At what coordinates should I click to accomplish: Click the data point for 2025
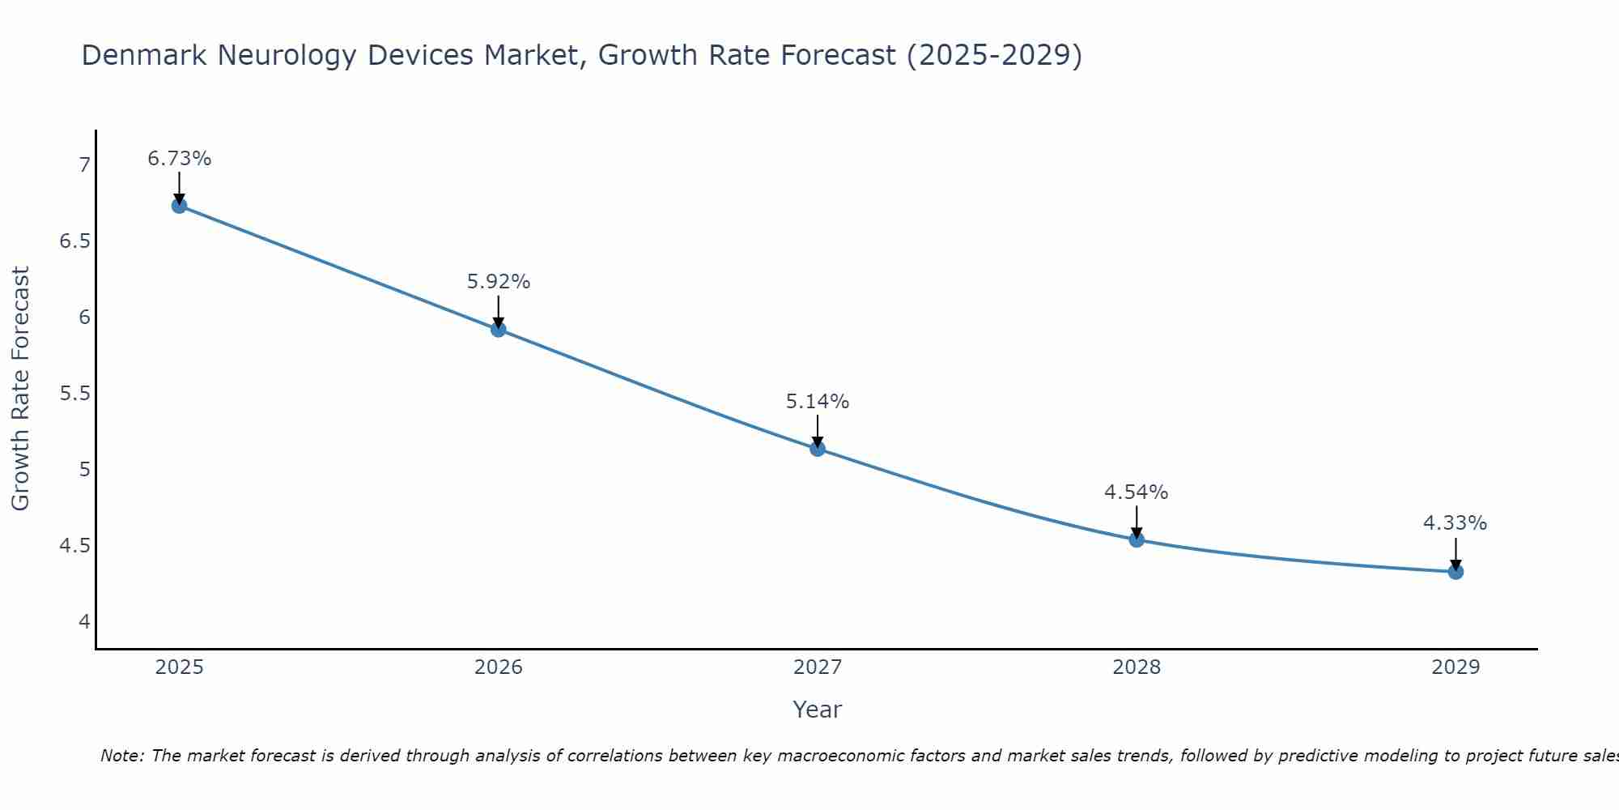[179, 206]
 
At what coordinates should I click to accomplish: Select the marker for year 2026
[498, 329]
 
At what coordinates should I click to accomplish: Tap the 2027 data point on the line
[818, 448]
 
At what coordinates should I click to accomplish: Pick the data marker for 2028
[1137, 539]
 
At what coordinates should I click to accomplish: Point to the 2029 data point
[1455, 572]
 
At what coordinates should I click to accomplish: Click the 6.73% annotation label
[179, 159]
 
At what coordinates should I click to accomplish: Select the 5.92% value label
[498, 282]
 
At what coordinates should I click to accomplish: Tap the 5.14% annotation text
[818, 402]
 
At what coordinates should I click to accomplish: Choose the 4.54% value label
[1137, 492]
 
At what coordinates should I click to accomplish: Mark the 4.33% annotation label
[1455, 523]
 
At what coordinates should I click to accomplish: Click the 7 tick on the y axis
[84, 165]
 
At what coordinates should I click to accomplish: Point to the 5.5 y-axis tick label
[75, 394]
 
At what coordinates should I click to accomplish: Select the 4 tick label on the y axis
[84, 622]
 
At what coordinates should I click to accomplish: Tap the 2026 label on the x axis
[498, 667]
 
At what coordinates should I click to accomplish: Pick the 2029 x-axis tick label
[1455, 667]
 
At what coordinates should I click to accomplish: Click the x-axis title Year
[818, 710]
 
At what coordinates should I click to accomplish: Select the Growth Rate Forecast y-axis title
[20, 389]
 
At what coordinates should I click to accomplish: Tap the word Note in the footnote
[121, 756]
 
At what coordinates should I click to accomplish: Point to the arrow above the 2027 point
[818, 429]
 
